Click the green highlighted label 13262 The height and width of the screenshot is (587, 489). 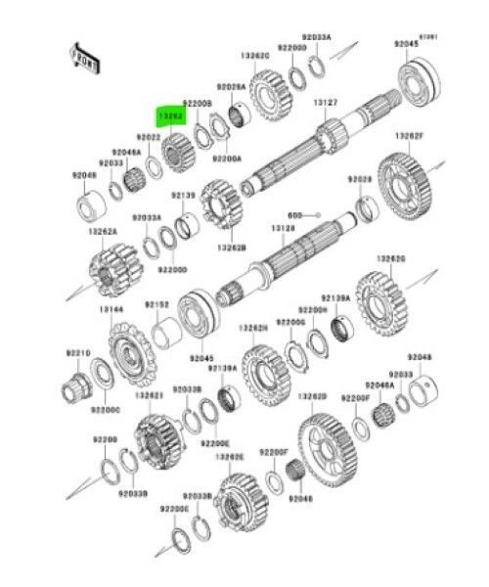172,114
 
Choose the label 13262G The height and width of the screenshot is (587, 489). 391,258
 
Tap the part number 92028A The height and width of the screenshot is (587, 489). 231,86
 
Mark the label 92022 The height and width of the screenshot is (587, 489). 149,140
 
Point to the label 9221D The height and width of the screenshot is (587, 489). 79,352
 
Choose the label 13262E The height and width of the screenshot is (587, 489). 229,456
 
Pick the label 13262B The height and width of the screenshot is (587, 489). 232,248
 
